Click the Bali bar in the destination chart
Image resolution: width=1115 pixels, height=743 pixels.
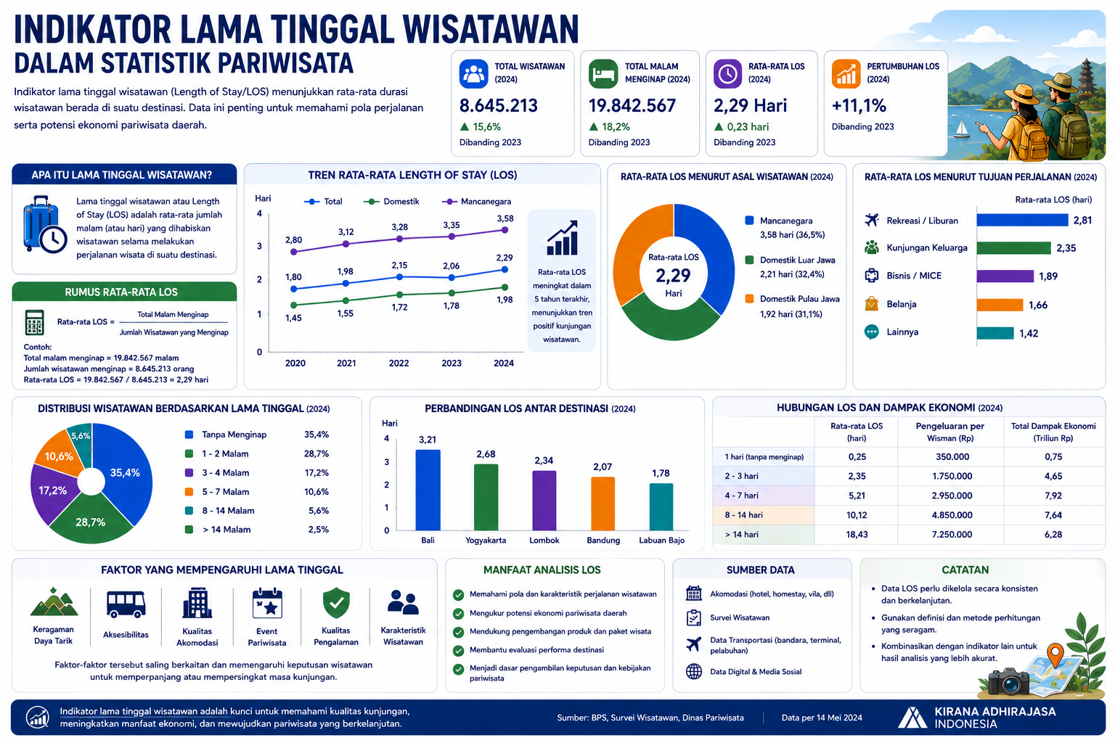428,490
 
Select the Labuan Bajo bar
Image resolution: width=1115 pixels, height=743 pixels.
661,506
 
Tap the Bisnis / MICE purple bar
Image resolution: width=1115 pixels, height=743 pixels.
1005,276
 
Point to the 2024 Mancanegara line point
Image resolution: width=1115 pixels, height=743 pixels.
505,230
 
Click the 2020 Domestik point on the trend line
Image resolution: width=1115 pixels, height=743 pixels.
294,305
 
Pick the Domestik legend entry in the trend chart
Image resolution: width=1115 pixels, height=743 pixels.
391,202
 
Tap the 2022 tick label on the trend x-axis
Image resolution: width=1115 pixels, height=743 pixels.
399,364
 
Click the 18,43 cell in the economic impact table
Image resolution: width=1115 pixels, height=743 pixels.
857,535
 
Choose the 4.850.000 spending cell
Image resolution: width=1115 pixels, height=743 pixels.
952,515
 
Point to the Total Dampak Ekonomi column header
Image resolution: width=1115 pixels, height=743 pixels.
1053,432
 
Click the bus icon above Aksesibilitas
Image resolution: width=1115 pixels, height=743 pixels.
126,604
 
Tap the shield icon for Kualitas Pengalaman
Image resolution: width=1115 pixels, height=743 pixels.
337,603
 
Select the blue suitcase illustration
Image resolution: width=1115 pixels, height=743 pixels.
44,224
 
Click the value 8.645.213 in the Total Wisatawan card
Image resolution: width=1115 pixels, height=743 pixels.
498,105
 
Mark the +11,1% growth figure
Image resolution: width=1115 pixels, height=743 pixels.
859,105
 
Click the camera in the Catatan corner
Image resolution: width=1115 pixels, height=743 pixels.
1008,682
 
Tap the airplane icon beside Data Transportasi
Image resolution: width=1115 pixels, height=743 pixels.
693,644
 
